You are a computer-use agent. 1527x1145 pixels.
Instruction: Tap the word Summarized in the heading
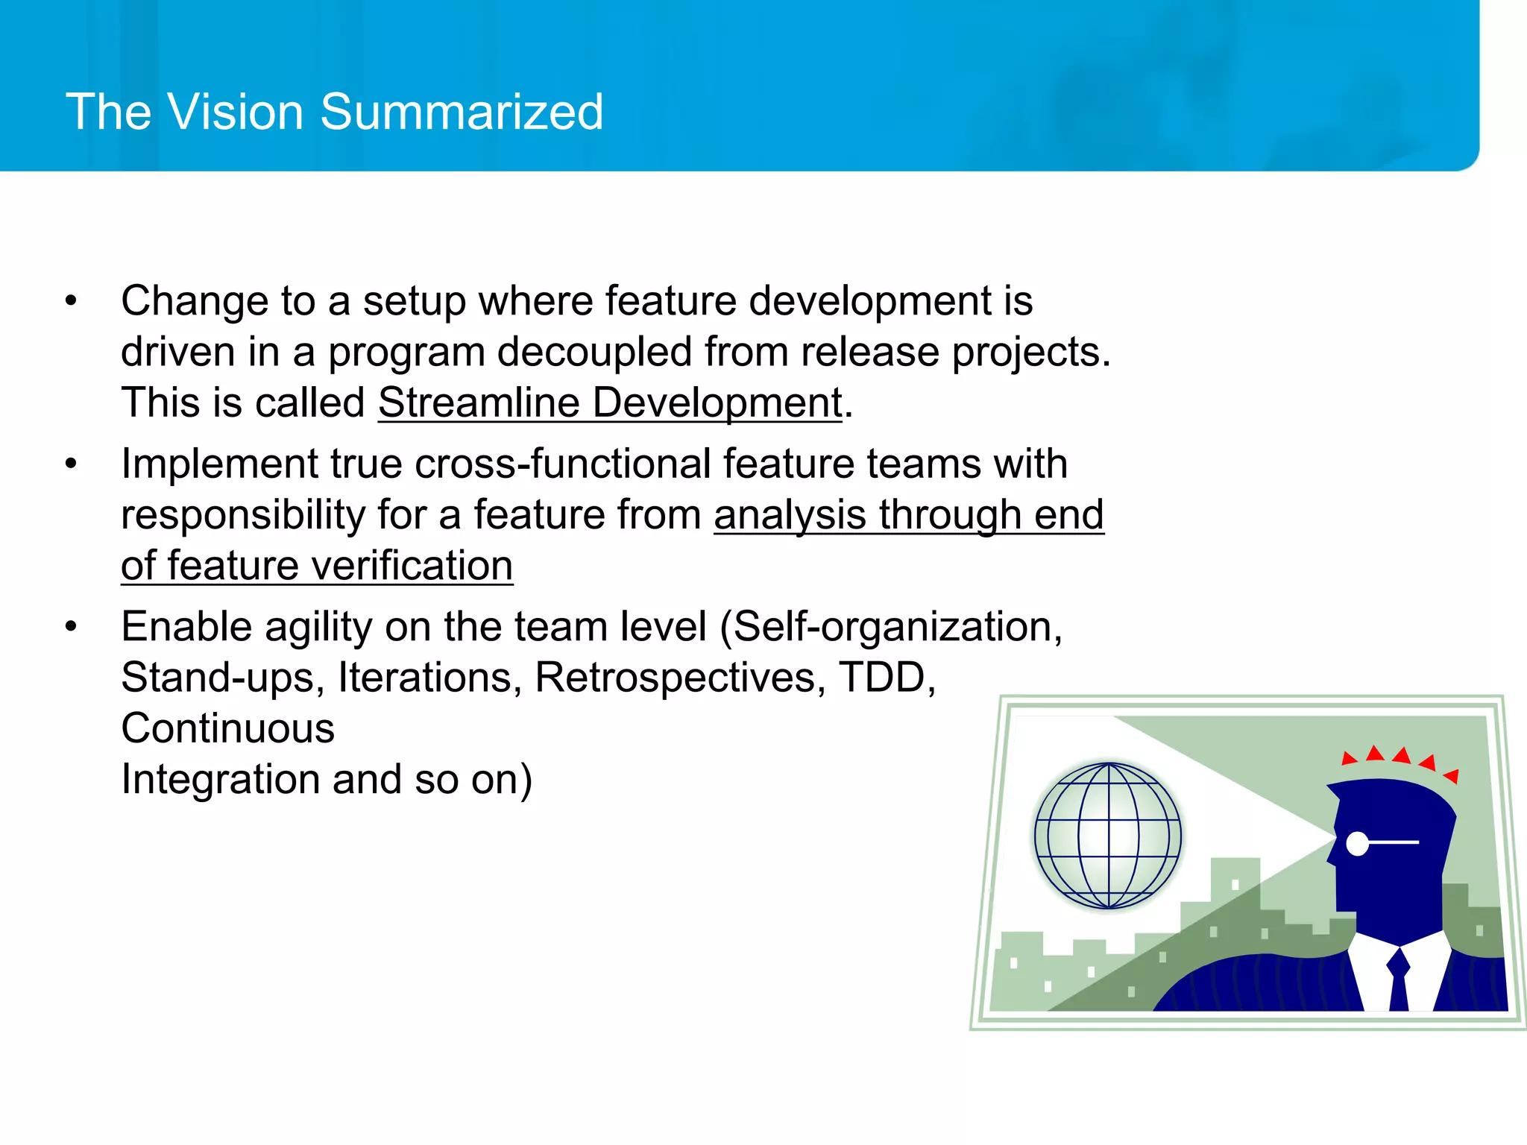tap(462, 112)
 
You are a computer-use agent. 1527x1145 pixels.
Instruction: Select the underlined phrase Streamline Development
tap(610, 403)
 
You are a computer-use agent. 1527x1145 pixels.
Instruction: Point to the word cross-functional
tap(562, 464)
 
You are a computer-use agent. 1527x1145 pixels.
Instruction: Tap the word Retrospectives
tap(680, 678)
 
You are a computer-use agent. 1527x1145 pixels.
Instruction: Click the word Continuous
tap(227, 728)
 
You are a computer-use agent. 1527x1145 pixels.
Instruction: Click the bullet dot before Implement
tap(71, 464)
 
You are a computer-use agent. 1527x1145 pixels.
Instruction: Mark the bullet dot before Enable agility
tap(71, 626)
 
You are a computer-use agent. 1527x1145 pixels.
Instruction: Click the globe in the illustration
tap(1108, 835)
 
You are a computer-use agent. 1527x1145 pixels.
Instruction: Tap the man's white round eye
tap(1358, 844)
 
